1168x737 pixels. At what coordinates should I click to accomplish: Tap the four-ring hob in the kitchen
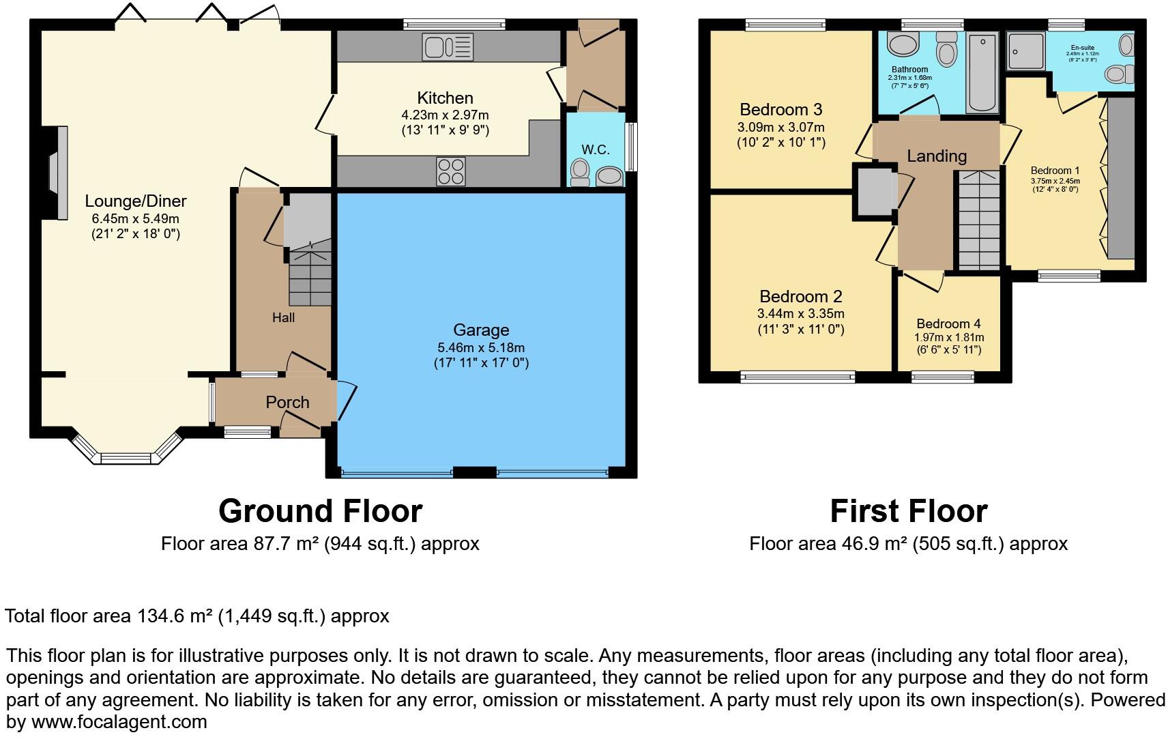(450, 171)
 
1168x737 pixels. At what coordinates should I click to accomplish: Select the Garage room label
(481, 330)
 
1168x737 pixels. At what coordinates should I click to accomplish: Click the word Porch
(287, 402)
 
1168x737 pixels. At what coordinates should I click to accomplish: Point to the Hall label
(283, 317)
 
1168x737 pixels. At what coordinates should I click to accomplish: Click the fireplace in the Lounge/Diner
(57, 173)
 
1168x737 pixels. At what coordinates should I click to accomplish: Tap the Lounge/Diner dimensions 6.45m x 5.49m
(136, 218)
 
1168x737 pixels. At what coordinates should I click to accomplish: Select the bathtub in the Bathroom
(982, 72)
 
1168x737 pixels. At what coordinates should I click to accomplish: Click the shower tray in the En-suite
(1025, 51)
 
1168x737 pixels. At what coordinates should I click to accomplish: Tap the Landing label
(937, 156)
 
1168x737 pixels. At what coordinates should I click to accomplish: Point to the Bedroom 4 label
(948, 324)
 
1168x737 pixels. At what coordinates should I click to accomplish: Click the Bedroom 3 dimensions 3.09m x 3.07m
(780, 127)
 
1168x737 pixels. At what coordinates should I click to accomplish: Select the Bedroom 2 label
(800, 296)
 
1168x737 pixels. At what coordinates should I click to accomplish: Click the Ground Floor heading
(320, 511)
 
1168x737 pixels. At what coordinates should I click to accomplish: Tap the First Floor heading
(908, 511)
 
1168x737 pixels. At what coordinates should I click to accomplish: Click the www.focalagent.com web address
(119, 722)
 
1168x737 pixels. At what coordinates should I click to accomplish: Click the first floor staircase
(979, 221)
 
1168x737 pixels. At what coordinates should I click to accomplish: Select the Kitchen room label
(445, 98)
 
